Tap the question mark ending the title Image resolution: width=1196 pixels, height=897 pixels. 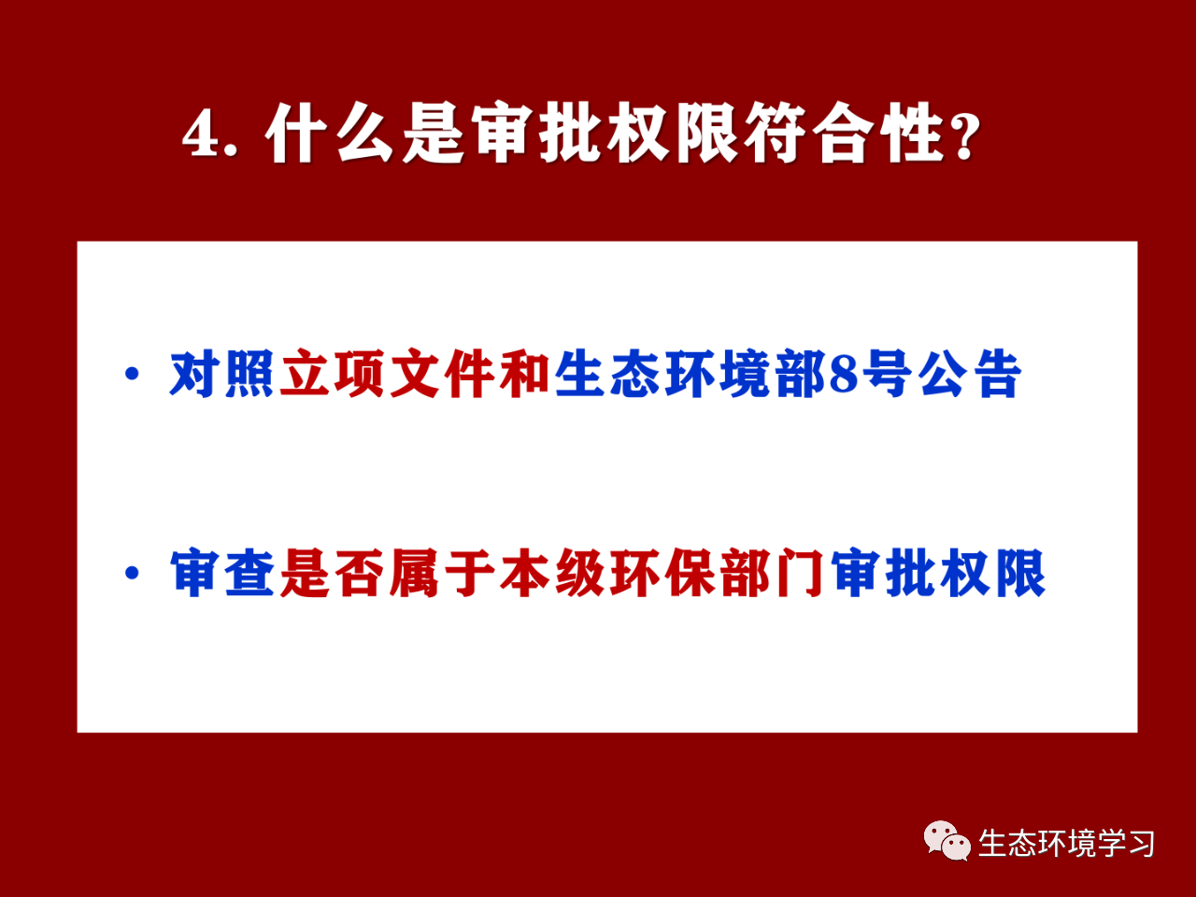(963, 135)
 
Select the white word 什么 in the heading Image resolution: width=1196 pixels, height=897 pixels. (330, 133)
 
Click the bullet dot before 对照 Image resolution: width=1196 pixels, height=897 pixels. (132, 374)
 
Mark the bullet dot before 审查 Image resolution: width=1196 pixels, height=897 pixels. (132, 573)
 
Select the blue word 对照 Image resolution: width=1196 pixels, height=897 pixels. (221, 374)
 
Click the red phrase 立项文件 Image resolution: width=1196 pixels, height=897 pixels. (387, 374)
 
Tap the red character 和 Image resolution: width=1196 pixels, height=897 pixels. (524, 374)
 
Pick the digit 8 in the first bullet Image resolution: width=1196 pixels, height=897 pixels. (843, 374)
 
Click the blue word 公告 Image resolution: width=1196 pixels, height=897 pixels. (969, 374)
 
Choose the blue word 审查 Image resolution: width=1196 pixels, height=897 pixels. (221, 573)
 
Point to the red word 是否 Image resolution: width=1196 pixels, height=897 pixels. (332, 573)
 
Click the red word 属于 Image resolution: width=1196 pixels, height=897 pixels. (441, 573)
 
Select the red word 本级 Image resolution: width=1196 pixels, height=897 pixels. (551, 573)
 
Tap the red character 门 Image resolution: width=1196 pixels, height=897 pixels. (799, 573)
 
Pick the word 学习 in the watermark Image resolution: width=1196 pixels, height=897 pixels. (1126, 843)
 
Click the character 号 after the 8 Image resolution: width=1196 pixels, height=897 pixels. (888, 374)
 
